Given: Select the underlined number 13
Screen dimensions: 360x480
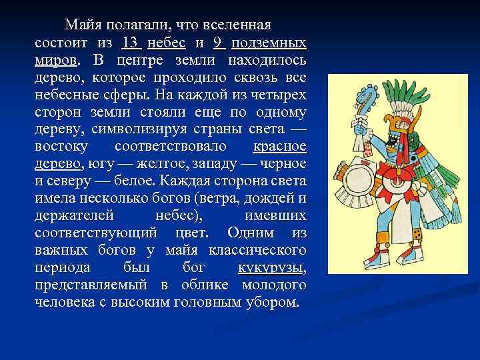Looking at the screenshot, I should pyautogui.click(x=131, y=43).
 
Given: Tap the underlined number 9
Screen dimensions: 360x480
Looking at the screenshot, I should pyautogui.click(x=218, y=43).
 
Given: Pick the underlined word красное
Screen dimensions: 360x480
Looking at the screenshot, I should pyautogui.click(x=280, y=146).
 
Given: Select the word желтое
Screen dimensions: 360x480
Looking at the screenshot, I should pyautogui.click(x=146, y=164).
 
